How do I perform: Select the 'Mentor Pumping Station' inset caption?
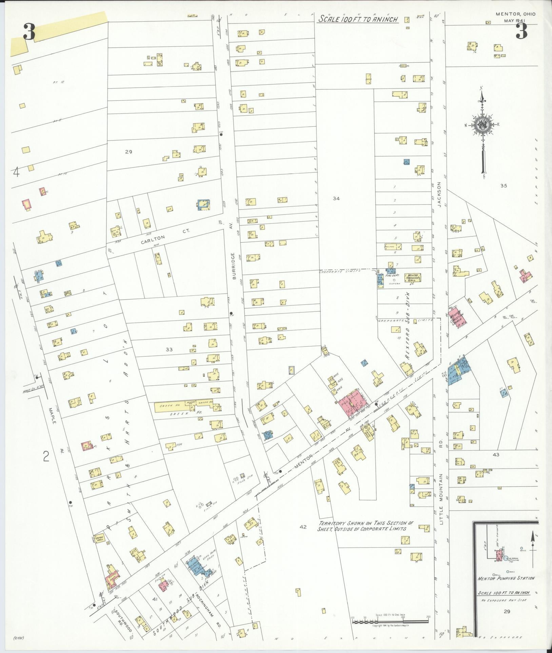506,578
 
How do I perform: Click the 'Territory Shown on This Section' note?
362,526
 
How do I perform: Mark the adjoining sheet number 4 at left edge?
16,172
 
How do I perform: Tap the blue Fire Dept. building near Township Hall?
391,271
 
